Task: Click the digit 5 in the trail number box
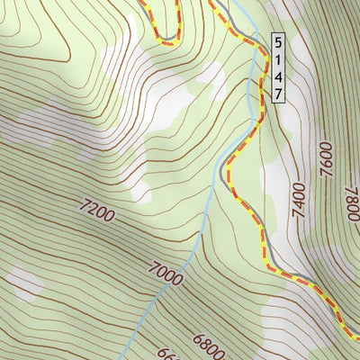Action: click(278, 41)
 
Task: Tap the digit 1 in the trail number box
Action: click(278, 58)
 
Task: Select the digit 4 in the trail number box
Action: click(278, 76)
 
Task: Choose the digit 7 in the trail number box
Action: click(278, 93)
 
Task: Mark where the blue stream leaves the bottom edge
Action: click(123, 357)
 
